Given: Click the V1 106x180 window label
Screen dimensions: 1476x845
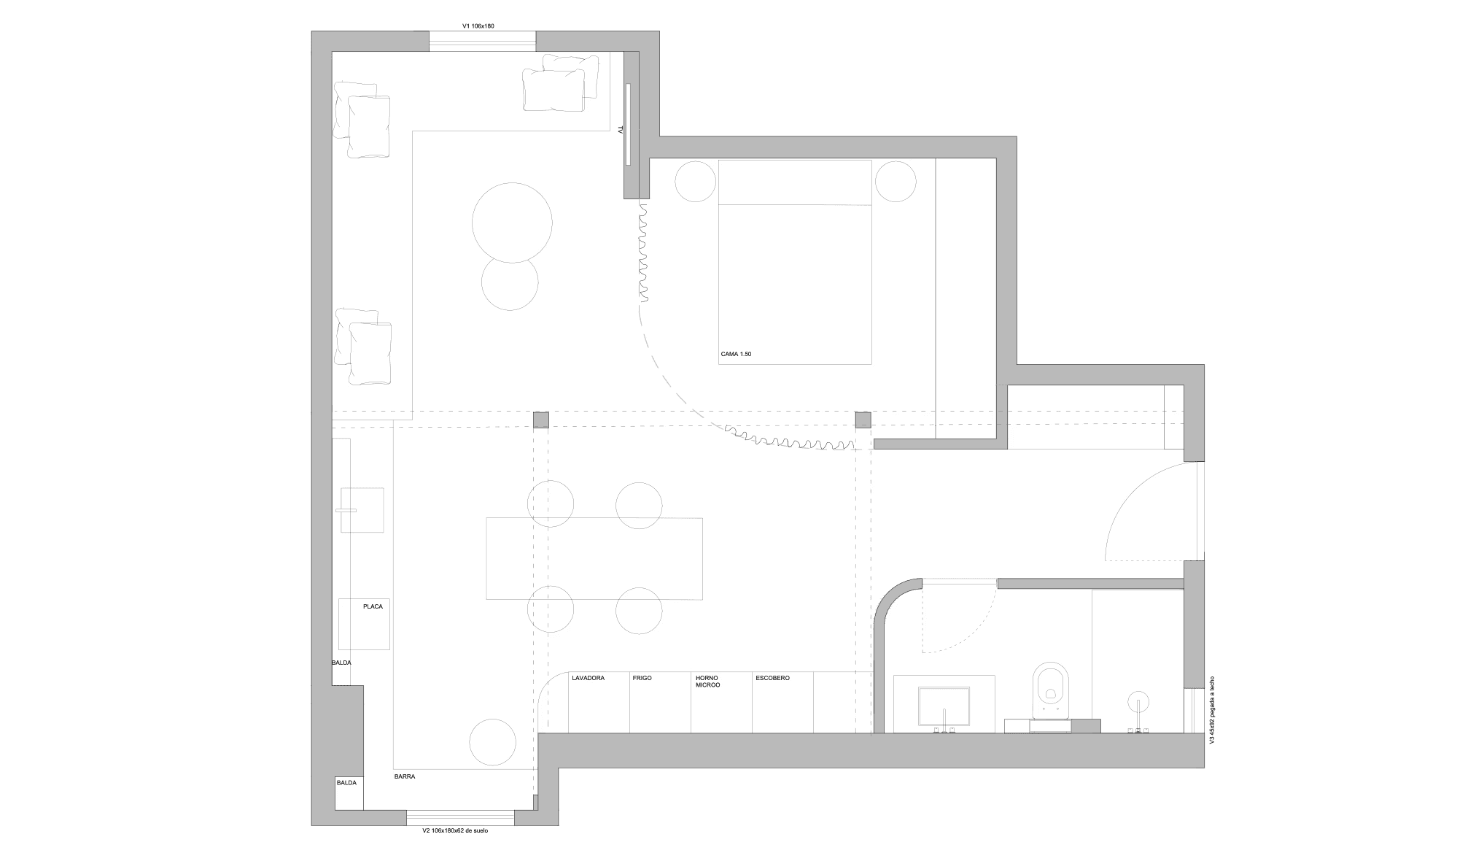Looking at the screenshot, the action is [478, 26].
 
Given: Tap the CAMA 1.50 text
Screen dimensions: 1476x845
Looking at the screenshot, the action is [736, 354].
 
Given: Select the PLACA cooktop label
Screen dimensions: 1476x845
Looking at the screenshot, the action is [373, 606].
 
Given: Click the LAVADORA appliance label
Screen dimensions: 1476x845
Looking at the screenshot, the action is [589, 678].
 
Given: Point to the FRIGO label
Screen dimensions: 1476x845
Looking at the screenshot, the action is [642, 678].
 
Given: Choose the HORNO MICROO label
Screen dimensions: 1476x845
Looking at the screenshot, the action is [708, 682].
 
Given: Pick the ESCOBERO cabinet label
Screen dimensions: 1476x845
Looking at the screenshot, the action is [773, 678].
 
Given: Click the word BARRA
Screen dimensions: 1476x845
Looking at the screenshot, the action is [405, 776].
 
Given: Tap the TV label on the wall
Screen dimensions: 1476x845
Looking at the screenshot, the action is [621, 129].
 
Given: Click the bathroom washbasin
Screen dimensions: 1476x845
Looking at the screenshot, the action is [944, 706].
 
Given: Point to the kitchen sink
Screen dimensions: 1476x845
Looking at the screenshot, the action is [361, 510].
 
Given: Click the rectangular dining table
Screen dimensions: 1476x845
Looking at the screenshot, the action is [594, 558].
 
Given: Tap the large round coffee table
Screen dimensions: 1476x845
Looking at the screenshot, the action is [512, 223].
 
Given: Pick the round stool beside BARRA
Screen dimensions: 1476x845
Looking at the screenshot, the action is [493, 742].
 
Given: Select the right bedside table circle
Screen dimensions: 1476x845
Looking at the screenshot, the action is [896, 182].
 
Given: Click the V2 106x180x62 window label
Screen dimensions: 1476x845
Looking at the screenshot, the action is [455, 830].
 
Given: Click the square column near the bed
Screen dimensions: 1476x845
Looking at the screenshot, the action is [863, 420].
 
